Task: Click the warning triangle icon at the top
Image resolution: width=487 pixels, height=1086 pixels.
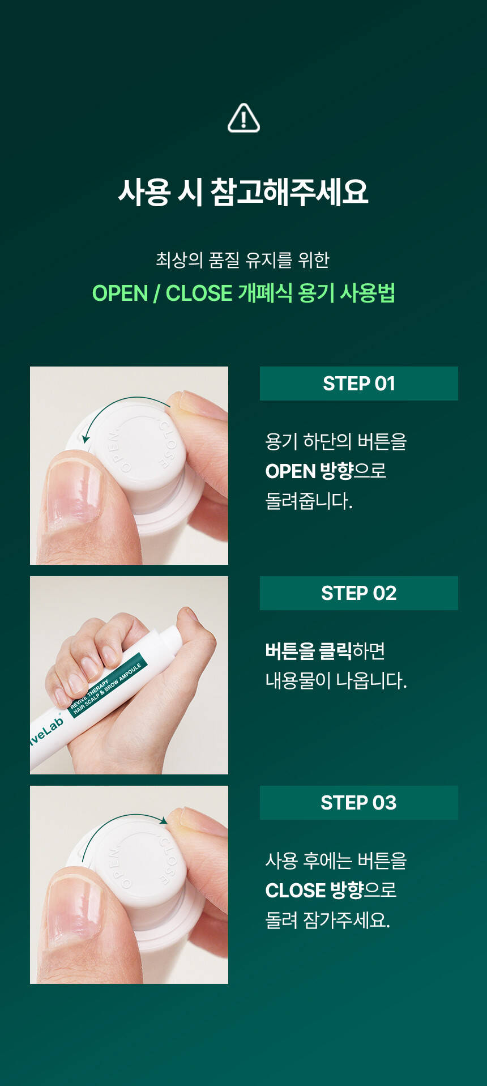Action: click(x=244, y=118)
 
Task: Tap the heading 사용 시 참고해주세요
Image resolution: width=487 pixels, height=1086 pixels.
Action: click(x=244, y=191)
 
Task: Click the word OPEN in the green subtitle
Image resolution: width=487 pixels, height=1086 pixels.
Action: click(x=120, y=293)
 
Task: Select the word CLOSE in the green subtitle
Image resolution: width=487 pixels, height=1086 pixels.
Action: click(x=199, y=293)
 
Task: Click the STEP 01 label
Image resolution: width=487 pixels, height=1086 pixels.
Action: click(x=359, y=384)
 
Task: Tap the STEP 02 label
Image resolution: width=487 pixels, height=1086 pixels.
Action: click(x=359, y=593)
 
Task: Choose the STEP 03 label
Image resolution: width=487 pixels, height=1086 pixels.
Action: click(x=359, y=803)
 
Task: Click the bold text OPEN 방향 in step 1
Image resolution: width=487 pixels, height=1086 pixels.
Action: click(x=310, y=471)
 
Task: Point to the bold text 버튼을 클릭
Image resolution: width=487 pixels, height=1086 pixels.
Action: click(x=309, y=651)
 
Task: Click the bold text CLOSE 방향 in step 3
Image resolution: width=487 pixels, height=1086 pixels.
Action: click(x=314, y=890)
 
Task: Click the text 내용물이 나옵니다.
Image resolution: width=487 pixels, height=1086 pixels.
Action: click(x=336, y=680)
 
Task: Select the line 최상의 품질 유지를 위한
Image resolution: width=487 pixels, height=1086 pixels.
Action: click(x=243, y=260)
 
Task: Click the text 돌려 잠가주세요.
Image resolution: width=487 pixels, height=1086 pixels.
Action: click(x=328, y=919)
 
